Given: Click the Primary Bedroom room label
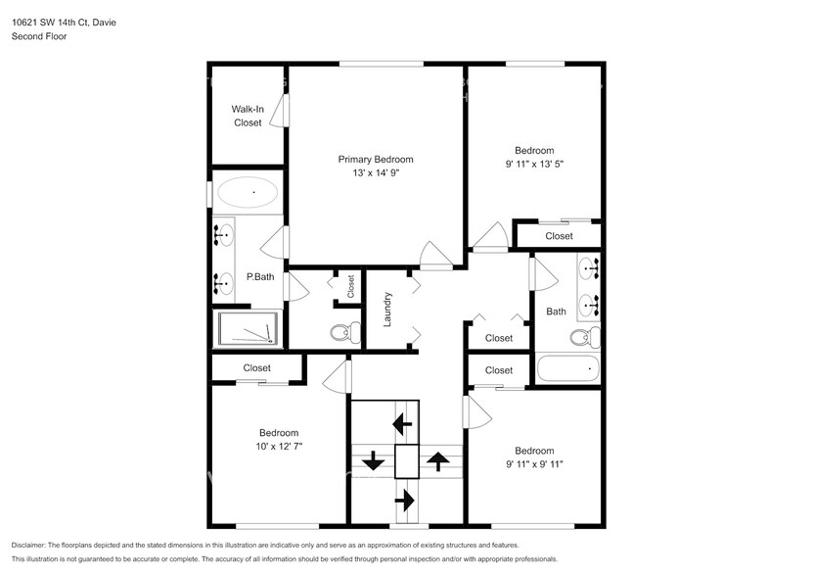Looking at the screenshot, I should point(376,159).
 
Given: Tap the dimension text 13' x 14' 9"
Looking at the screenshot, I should point(376,173).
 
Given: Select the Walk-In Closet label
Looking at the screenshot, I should point(247,116).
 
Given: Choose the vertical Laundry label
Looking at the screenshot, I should point(387,309).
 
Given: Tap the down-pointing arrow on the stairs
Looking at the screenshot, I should point(373,459).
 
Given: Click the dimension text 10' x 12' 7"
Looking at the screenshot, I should point(279,447).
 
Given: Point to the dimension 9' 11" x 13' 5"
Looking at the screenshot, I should point(534,165).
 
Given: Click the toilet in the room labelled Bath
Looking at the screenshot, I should point(583,338).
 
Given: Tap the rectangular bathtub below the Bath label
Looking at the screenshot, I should point(567,370).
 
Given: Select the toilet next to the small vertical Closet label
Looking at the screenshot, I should point(339,333).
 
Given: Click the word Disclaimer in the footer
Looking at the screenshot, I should point(31,545).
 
